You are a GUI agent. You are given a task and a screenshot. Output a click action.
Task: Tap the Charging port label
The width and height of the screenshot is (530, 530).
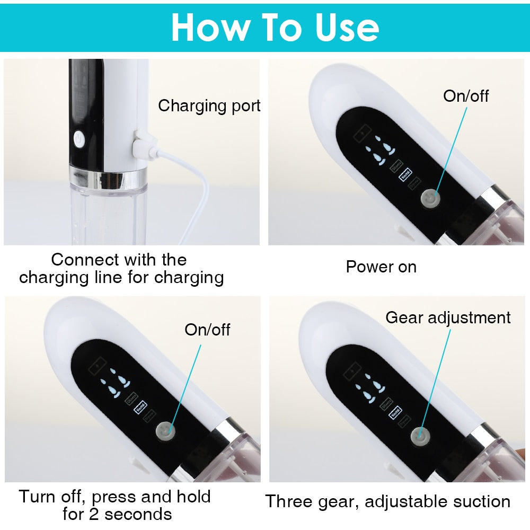(x=209, y=105)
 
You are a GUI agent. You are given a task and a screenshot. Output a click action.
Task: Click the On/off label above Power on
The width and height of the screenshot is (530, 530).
(x=466, y=96)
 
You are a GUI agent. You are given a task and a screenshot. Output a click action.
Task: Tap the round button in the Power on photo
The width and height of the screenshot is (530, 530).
(x=429, y=199)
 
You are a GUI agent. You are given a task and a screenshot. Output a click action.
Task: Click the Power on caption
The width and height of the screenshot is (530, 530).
(x=381, y=267)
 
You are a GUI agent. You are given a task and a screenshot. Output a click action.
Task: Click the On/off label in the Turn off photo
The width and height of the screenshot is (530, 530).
(x=207, y=330)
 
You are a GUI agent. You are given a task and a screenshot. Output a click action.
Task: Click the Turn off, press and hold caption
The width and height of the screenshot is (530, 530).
(x=115, y=505)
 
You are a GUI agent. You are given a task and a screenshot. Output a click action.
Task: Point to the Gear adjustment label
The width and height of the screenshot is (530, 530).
(x=448, y=317)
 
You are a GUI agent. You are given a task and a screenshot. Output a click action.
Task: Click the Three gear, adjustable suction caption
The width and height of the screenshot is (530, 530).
(x=387, y=501)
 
